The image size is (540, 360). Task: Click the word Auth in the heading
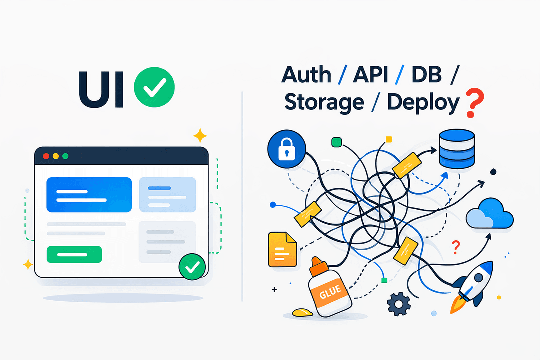306,74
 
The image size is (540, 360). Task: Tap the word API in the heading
371,74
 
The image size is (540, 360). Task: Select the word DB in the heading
426,74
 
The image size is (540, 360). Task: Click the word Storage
324,102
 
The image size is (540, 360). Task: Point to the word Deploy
423,103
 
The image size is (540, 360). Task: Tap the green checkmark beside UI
154,87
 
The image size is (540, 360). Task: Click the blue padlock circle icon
287,149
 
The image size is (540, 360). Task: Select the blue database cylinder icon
457,149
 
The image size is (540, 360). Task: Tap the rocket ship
472,286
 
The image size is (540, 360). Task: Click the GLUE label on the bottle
330,292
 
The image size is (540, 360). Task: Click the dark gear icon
399,304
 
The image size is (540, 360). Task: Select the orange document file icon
282,250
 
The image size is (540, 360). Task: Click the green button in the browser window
74,254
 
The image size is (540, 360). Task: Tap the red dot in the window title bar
46,156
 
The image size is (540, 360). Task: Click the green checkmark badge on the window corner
192,267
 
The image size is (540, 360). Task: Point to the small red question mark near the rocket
456,247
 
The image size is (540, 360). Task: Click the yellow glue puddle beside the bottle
302,312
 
